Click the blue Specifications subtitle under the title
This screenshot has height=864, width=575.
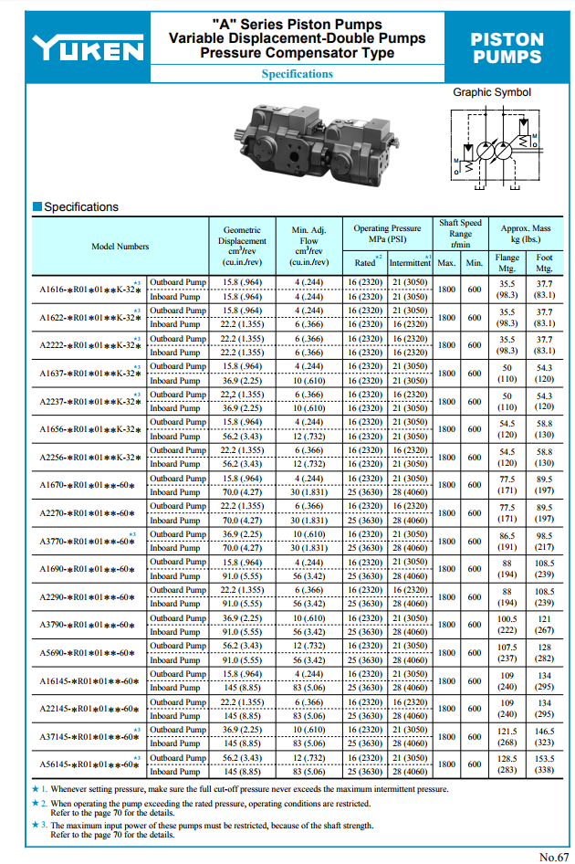(x=297, y=74)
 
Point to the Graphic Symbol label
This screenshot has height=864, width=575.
(x=492, y=92)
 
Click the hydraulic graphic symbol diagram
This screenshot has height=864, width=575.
(x=492, y=146)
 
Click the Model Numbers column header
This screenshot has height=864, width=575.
(x=120, y=246)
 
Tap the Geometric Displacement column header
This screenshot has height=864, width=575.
(x=242, y=246)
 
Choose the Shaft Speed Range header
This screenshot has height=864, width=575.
(x=460, y=233)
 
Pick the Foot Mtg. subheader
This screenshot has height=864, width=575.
(x=544, y=263)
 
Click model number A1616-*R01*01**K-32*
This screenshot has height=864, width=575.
(x=89, y=290)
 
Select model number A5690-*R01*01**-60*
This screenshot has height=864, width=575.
(x=88, y=653)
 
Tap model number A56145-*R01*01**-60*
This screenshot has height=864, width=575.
(x=89, y=764)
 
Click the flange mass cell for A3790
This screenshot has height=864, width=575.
(x=507, y=625)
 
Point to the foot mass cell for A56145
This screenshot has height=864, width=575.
(x=544, y=764)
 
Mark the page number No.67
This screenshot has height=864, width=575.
(x=553, y=856)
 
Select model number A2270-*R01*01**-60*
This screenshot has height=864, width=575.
(x=88, y=513)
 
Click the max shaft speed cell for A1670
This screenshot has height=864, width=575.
(x=446, y=485)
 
